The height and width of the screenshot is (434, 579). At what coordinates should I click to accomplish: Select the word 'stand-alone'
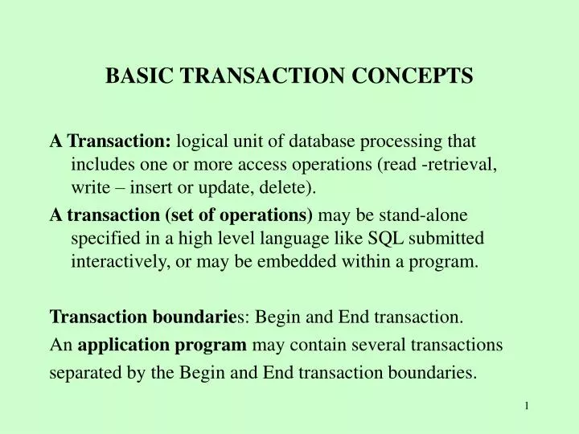tap(427, 215)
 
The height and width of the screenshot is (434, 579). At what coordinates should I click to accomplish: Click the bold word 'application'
tap(121, 346)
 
